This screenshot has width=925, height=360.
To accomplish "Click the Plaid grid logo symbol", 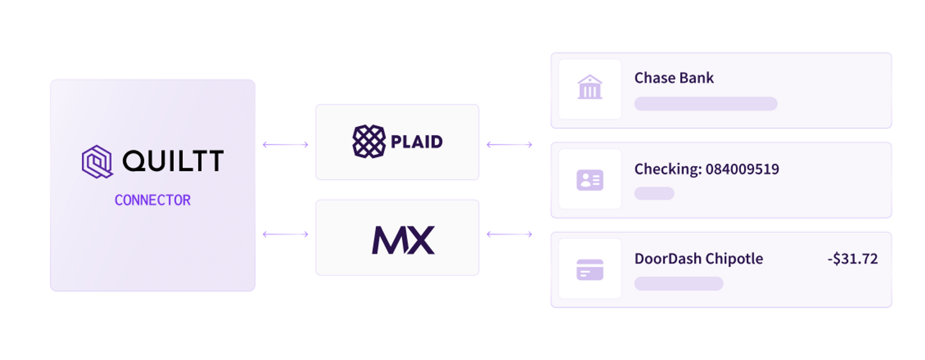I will pos(369,141).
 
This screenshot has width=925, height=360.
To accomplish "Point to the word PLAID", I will pos(416,142).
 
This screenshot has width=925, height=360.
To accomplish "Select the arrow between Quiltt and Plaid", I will pos(285,145).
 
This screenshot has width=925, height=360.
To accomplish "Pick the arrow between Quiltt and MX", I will pos(285,234).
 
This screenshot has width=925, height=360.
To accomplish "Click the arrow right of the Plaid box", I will pos(509,145).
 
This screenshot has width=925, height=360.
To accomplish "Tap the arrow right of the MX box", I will pos(509,234).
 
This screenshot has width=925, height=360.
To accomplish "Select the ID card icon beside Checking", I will pos(590,180).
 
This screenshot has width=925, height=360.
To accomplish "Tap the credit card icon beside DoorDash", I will pos(590,269).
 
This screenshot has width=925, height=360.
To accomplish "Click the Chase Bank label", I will pos(674,78).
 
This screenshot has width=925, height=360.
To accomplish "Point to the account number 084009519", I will pos(742,169).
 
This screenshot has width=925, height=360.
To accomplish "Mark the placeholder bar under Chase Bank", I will pos(706,104).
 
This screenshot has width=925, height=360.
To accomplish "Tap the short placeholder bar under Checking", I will pos(654,193).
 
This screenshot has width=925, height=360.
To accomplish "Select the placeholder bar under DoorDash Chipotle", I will pos(679,284).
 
